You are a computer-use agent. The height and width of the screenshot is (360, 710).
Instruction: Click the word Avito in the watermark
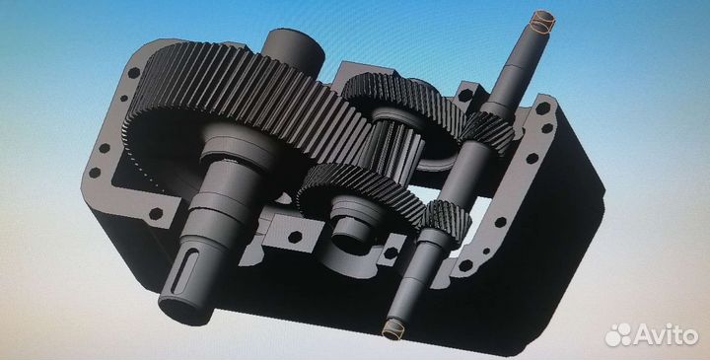(666, 335)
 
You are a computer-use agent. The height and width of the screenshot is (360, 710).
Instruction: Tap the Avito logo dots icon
(618, 335)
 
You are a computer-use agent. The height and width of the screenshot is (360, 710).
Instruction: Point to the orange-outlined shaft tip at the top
(543, 22)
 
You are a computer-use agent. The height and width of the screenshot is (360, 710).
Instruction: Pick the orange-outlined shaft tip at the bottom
(393, 328)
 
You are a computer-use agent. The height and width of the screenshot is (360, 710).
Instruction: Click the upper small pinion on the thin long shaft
(488, 132)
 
